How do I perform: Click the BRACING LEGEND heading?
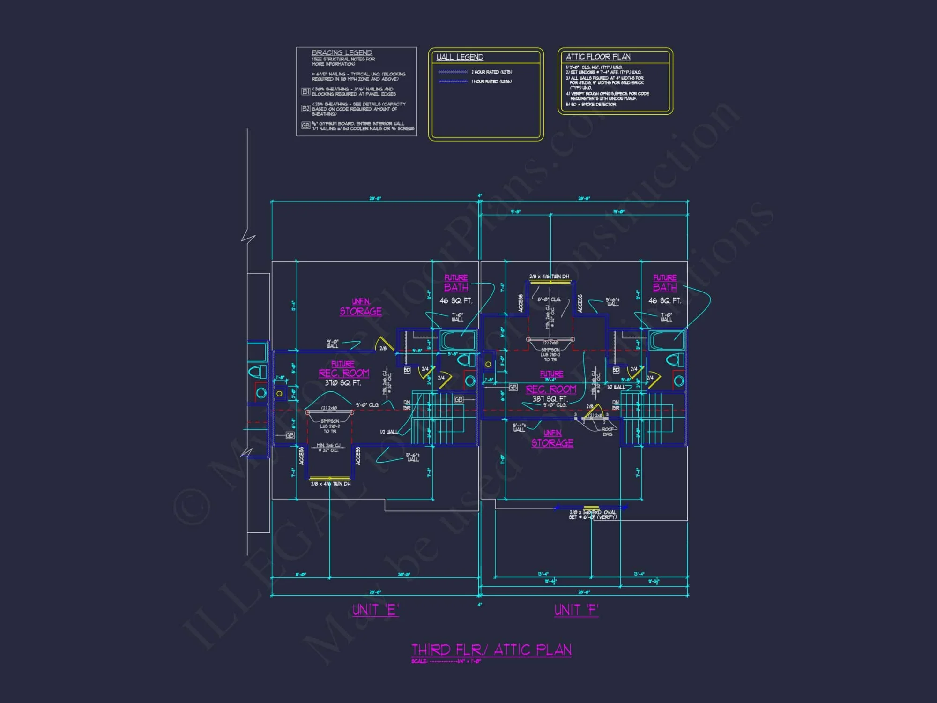coord(342,53)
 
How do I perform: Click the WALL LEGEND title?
coord(460,57)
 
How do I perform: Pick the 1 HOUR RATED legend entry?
coord(491,82)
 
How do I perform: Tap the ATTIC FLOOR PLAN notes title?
coord(598,57)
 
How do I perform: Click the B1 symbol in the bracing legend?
coord(305,91)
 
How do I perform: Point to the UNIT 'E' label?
coord(375,610)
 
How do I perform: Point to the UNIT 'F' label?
coord(576,610)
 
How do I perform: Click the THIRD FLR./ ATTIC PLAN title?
coord(491,650)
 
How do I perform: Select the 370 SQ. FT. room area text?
coord(343,383)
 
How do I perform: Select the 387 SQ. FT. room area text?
coord(550,399)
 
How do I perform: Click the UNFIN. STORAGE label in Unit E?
coord(360,307)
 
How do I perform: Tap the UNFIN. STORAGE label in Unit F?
coord(552,439)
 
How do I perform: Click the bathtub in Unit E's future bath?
coord(458,341)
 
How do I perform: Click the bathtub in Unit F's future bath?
coord(666,341)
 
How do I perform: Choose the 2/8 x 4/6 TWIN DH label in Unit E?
coord(330,484)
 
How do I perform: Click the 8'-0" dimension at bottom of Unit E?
coord(300,574)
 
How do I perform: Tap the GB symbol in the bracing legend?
coord(305,126)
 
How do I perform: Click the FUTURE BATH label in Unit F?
coord(664,283)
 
